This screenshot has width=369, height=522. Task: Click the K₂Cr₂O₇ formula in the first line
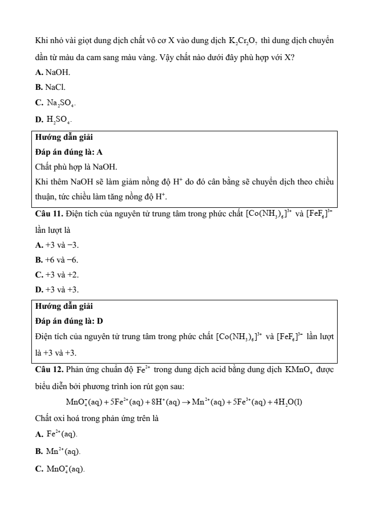244,41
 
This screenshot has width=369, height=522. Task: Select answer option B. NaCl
51,86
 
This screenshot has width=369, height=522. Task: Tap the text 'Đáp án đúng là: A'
69,152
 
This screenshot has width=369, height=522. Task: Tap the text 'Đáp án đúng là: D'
69,321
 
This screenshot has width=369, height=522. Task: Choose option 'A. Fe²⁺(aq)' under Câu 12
56,434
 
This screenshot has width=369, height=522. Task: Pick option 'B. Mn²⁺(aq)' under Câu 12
57,452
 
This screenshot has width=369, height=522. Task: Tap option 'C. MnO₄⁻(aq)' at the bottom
59,469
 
